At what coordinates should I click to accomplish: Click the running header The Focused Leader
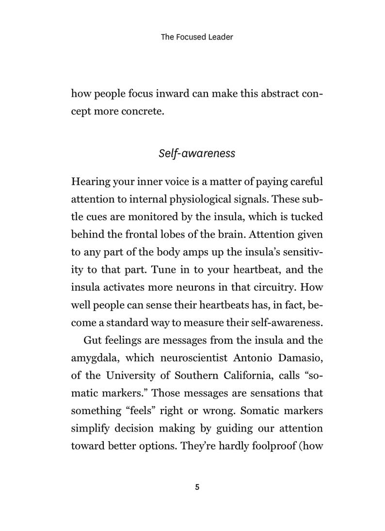(x=197, y=37)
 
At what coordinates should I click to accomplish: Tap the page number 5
(x=197, y=487)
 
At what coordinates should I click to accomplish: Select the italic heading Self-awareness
(x=197, y=153)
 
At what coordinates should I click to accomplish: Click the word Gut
(x=92, y=340)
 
